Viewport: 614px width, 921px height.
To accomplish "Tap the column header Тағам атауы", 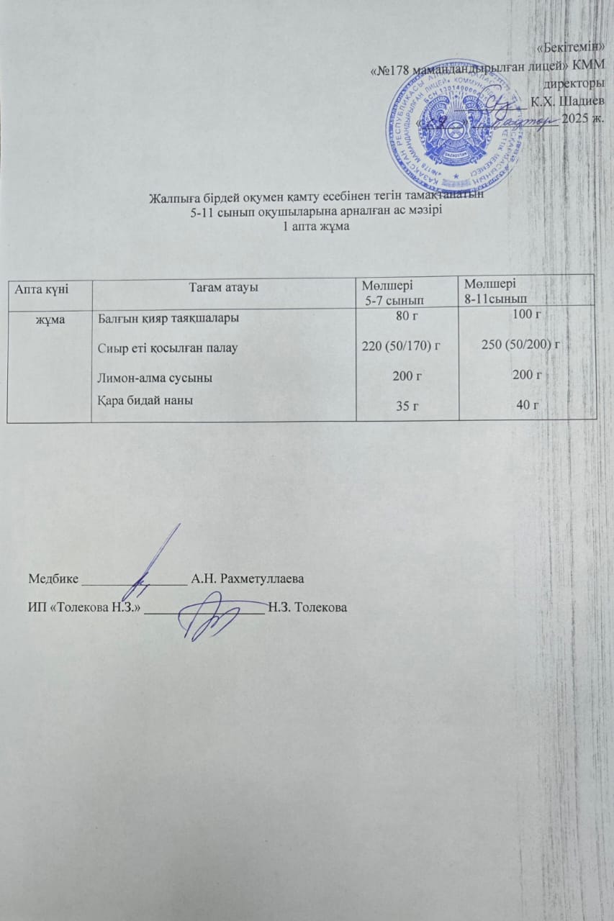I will tap(224, 287).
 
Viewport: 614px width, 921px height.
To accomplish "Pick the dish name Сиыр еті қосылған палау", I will tap(168, 348).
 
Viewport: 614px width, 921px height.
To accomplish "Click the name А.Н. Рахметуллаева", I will tap(248, 579).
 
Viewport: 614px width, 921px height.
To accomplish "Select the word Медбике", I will tap(54, 579).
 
